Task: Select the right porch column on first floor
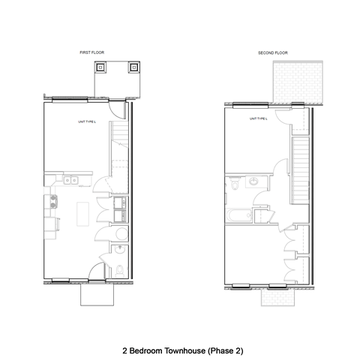133,67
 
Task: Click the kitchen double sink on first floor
71,180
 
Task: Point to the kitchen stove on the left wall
52,201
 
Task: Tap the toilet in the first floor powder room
121,268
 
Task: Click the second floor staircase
300,169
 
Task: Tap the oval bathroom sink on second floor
253,182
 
